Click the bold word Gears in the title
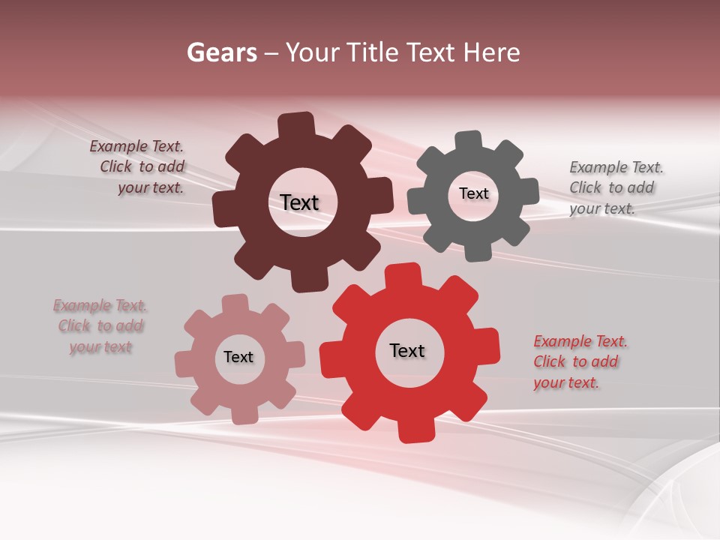point(221,52)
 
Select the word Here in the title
point(491,52)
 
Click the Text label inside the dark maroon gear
point(299,202)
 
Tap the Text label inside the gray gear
point(473,193)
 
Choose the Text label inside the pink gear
point(238,357)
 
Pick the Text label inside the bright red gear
point(407,350)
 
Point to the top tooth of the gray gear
point(469,141)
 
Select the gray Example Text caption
point(614,187)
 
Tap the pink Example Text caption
point(100,326)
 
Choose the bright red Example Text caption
point(579,361)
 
